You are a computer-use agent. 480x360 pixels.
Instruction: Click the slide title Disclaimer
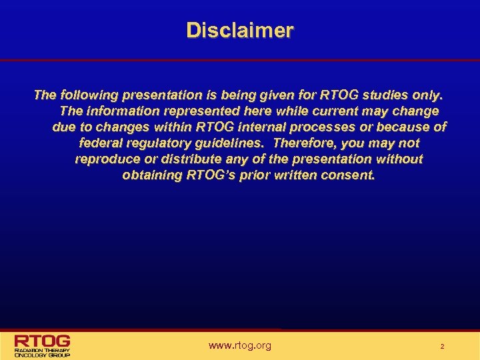(239, 31)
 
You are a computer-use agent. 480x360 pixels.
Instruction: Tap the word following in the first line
(87, 95)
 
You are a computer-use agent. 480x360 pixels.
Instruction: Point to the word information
(119, 111)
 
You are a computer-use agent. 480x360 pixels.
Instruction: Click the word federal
(101, 143)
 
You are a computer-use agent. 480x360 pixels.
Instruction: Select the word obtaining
(151, 175)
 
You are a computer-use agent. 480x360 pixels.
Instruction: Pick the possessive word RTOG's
(212, 175)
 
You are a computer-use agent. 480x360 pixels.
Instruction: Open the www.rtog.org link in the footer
(240, 345)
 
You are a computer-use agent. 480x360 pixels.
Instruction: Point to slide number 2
(441, 347)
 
